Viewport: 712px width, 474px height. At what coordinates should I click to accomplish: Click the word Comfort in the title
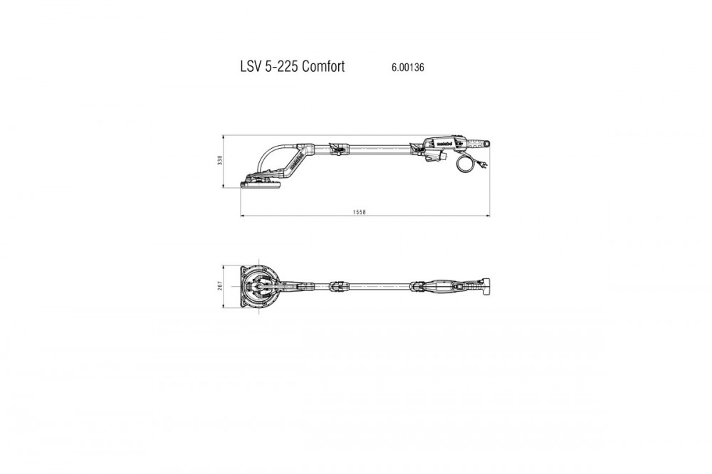tap(323, 66)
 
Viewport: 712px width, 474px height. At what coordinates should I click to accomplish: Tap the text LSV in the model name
tap(251, 66)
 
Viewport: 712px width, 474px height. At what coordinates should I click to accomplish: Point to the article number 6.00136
tap(408, 67)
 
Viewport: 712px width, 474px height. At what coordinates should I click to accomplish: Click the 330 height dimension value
tap(220, 160)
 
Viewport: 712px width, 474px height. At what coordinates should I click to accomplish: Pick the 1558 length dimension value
tap(359, 212)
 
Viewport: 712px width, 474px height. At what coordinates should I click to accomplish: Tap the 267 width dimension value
tap(220, 285)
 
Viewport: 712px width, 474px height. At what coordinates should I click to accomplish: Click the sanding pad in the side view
tap(261, 185)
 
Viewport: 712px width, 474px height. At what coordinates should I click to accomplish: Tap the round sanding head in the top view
tap(259, 285)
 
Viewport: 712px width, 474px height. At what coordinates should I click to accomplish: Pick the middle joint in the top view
tap(337, 286)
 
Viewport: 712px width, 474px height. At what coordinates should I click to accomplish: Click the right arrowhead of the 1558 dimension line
tap(488, 216)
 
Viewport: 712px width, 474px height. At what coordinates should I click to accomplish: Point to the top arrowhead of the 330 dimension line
tap(224, 137)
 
